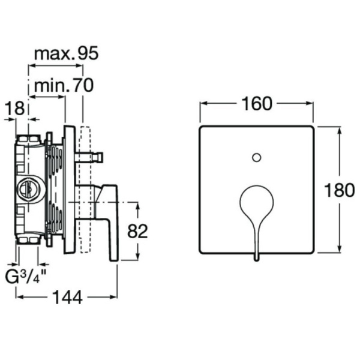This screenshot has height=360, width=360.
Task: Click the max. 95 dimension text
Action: pyautogui.click(x=65, y=53)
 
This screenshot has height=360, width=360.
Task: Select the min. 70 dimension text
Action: pyautogui.click(x=64, y=86)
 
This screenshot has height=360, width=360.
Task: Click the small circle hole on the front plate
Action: pyautogui.click(x=257, y=158)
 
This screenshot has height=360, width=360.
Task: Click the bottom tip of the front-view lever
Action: pyautogui.click(x=257, y=258)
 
